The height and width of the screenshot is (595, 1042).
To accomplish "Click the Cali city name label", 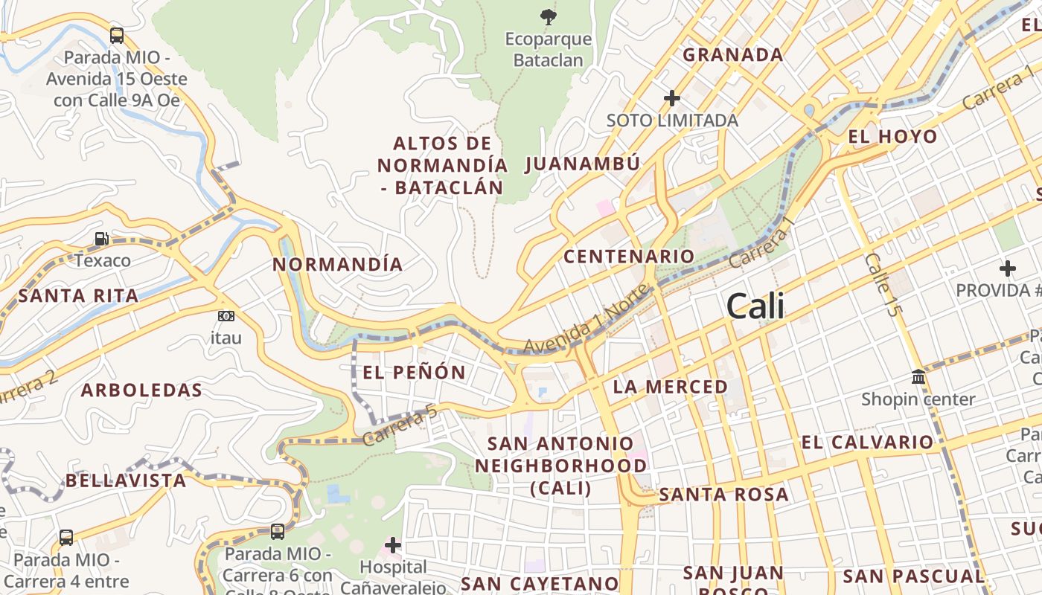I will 755,306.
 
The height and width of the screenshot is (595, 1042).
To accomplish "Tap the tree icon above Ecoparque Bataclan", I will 548,16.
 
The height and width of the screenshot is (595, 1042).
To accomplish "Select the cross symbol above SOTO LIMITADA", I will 672,97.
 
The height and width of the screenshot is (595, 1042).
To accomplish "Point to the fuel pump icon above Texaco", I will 101,239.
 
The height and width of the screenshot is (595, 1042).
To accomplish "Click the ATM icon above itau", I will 226,316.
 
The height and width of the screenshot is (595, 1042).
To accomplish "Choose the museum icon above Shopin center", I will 918,377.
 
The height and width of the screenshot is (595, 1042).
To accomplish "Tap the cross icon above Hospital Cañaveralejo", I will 393,545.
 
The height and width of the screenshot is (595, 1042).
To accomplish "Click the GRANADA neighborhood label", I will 732,54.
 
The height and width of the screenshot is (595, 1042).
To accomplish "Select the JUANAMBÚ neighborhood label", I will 582,164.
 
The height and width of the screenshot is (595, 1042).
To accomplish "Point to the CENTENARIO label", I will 628,257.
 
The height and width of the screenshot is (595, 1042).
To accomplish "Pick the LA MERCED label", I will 670,387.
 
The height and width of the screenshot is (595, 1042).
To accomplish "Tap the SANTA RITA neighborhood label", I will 78,296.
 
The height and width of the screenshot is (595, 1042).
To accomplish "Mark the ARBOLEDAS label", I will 141,390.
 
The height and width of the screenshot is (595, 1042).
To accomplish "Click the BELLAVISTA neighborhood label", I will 126,480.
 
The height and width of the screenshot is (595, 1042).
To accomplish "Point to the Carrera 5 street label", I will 400,425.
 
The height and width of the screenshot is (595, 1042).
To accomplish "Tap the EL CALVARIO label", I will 866,443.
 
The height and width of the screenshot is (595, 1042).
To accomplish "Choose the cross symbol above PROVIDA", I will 1008,268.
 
